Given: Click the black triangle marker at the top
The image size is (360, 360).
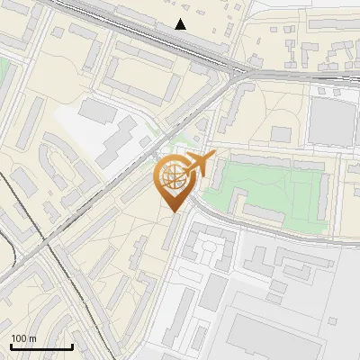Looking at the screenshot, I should click(x=181, y=24).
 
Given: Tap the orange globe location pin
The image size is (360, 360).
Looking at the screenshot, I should click(x=172, y=180).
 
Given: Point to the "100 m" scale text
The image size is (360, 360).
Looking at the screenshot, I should click(x=23, y=338).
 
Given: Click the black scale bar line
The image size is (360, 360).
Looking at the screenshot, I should click(x=41, y=346).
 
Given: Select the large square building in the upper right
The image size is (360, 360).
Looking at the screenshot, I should click(x=331, y=120).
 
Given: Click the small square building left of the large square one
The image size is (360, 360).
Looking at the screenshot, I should click(x=282, y=134).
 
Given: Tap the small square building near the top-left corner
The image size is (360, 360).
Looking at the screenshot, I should click(x=59, y=32).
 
